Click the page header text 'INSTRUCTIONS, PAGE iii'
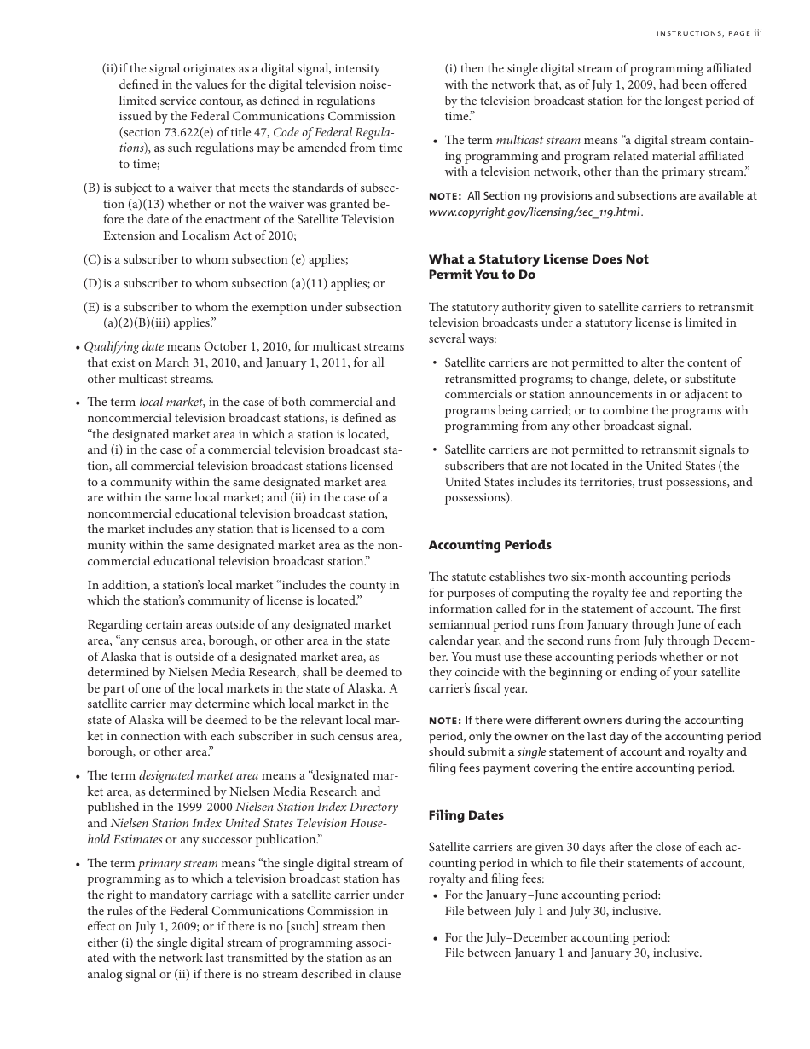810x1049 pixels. pyautogui.click(x=709, y=33)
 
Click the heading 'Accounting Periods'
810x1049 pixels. pyautogui.click(x=489, y=545)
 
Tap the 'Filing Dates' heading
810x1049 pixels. pyautogui.click(x=466, y=815)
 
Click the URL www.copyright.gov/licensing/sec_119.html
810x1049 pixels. pyautogui.click(x=535, y=212)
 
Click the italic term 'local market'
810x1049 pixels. pyautogui.click(x=171, y=403)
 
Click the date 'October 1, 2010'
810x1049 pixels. pyautogui.click(x=260, y=347)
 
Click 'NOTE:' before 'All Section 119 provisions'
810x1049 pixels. pyautogui.click(x=445, y=196)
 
